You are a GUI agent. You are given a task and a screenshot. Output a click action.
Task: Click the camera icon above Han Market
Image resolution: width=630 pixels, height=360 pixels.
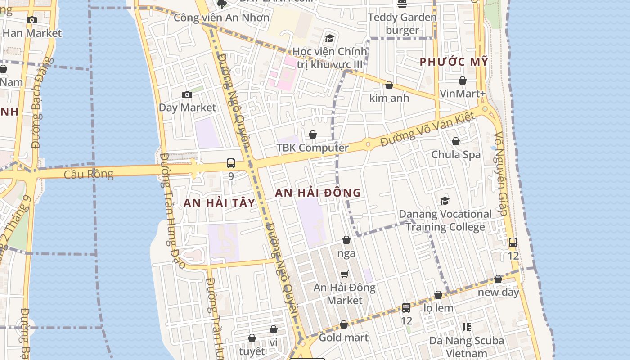(31, 20)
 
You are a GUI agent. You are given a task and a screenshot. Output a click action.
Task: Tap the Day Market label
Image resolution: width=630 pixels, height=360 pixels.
(187, 108)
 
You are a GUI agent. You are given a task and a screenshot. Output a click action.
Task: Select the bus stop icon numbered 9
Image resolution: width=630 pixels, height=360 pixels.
(231, 163)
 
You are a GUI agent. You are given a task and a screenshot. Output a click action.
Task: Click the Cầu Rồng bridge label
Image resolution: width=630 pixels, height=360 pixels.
(89, 174)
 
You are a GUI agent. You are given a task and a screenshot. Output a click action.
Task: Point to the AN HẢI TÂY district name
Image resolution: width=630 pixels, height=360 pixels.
(219, 203)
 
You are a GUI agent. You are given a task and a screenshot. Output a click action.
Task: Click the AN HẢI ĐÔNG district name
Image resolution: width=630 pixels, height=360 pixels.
(318, 193)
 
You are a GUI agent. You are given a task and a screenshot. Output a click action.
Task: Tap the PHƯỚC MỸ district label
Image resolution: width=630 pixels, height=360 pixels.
(454, 62)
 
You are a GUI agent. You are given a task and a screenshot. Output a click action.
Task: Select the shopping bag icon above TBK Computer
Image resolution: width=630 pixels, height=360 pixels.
(313, 135)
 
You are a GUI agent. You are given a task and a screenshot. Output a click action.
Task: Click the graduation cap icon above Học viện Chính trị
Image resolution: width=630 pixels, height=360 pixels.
(329, 38)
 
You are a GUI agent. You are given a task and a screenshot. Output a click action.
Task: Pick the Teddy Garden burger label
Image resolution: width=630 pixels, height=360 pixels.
(402, 24)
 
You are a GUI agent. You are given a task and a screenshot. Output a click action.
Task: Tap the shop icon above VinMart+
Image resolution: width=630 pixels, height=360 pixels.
(463, 81)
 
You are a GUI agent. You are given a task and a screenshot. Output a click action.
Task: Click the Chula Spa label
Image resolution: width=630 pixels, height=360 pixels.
(456, 155)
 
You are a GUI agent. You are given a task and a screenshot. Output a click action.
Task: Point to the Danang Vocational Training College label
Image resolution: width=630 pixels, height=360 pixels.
(445, 220)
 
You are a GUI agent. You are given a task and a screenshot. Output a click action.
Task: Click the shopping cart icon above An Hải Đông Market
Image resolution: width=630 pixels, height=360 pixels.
(345, 274)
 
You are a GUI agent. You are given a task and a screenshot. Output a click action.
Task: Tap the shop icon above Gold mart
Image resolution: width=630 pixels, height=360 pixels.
(344, 324)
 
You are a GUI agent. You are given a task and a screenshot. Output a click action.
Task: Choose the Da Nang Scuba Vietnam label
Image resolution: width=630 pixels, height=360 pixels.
(466, 347)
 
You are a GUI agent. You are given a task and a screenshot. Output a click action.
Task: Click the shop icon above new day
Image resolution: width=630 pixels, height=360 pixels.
(498, 279)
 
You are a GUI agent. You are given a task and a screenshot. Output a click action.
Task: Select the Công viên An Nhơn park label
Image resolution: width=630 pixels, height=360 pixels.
(221, 18)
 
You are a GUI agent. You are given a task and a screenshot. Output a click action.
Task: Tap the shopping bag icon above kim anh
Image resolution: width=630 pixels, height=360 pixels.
(389, 85)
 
